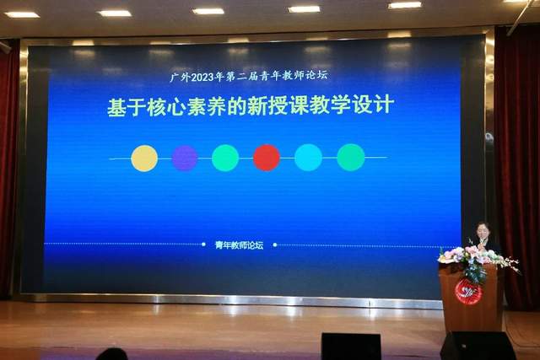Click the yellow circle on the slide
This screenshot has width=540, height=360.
click(x=144, y=158)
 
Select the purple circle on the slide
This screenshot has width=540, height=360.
click(x=185, y=158)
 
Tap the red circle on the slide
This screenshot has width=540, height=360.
click(x=267, y=158)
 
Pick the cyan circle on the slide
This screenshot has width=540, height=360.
click(x=308, y=158)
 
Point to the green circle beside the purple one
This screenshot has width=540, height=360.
click(x=225, y=158)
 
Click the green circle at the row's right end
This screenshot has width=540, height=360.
click(x=351, y=158)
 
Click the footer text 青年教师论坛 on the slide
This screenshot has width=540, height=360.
click(x=239, y=245)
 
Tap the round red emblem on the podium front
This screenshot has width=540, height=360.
click(x=468, y=292)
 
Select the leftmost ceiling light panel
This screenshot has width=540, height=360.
click(x=22, y=14)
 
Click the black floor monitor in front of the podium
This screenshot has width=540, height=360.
click(x=478, y=345)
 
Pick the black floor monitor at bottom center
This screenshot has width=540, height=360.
click(x=350, y=346)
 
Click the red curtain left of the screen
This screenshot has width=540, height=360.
click(x=8, y=169)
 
